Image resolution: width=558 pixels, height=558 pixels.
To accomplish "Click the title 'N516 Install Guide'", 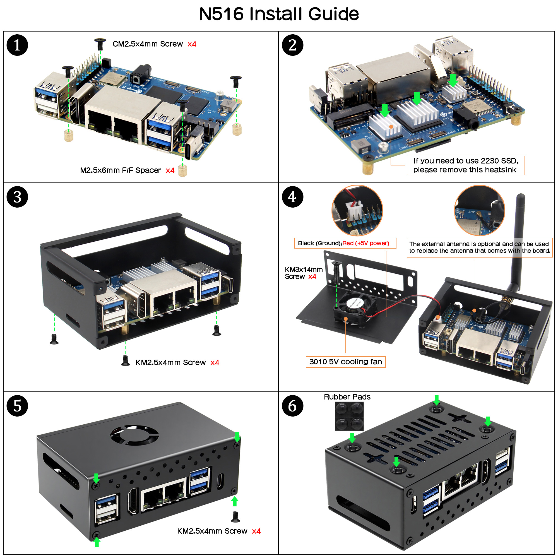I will click(x=279, y=14).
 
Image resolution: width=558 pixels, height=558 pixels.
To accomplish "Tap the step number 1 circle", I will click(x=17, y=45).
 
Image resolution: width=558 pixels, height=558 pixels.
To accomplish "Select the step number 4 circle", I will click(x=292, y=197).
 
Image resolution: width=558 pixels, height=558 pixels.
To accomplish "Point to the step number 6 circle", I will click(x=292, y=405).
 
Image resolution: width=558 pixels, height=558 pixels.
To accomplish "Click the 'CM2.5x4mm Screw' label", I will click(x=148, y=44).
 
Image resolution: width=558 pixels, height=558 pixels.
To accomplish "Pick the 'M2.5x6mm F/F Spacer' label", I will click(x=121, y=170).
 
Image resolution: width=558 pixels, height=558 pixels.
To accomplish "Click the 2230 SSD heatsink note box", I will click(x=465, y=165).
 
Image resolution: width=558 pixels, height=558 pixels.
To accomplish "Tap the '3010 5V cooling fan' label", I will click(x=345, y=362).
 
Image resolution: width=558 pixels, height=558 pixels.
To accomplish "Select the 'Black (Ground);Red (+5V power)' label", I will click(x=345, y=243).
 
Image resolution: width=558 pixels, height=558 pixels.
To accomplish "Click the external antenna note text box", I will click(x=479, y=247).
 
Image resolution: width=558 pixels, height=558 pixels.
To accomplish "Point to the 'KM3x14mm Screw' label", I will click(x=303, y=273).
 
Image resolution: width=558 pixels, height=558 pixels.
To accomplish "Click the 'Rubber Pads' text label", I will click(x=347, y=397).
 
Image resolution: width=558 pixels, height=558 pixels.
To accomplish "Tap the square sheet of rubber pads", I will click(x=349, y=416).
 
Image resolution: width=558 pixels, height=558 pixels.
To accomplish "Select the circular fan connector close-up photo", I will click(x=357, y=211).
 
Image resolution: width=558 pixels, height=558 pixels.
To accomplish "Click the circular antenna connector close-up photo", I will click(x=479, y=211).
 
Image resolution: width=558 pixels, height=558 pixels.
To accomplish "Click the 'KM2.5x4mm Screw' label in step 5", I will click(x=212, y=531).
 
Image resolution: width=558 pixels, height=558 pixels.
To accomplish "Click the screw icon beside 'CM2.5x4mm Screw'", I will click(x=100, y=44).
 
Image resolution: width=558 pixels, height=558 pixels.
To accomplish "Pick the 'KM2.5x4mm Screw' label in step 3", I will click(x=171, y=362).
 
